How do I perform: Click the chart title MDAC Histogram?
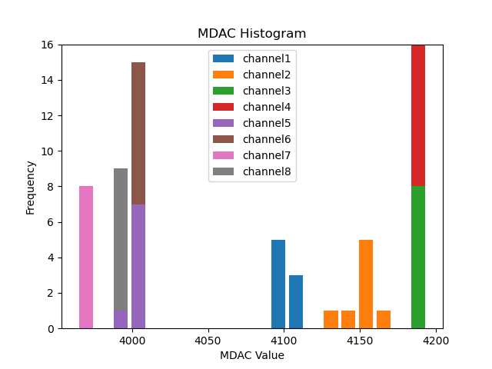[x=251, y=34]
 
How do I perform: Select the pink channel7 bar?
[x=86, y=257]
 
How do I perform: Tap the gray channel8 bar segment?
[x=121, y=239]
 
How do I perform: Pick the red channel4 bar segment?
[x=418, y=115]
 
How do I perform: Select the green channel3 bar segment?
[x=418, y=257]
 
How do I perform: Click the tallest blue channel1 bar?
[x=278, y=284]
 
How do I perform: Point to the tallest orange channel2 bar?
[x=366, y=284]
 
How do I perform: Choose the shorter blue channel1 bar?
[x=296, y=301]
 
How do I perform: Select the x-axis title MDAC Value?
[x=251, y=355]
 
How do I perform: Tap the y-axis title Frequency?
[x=31, y=187]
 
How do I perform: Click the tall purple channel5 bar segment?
[x=138, y=266]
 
